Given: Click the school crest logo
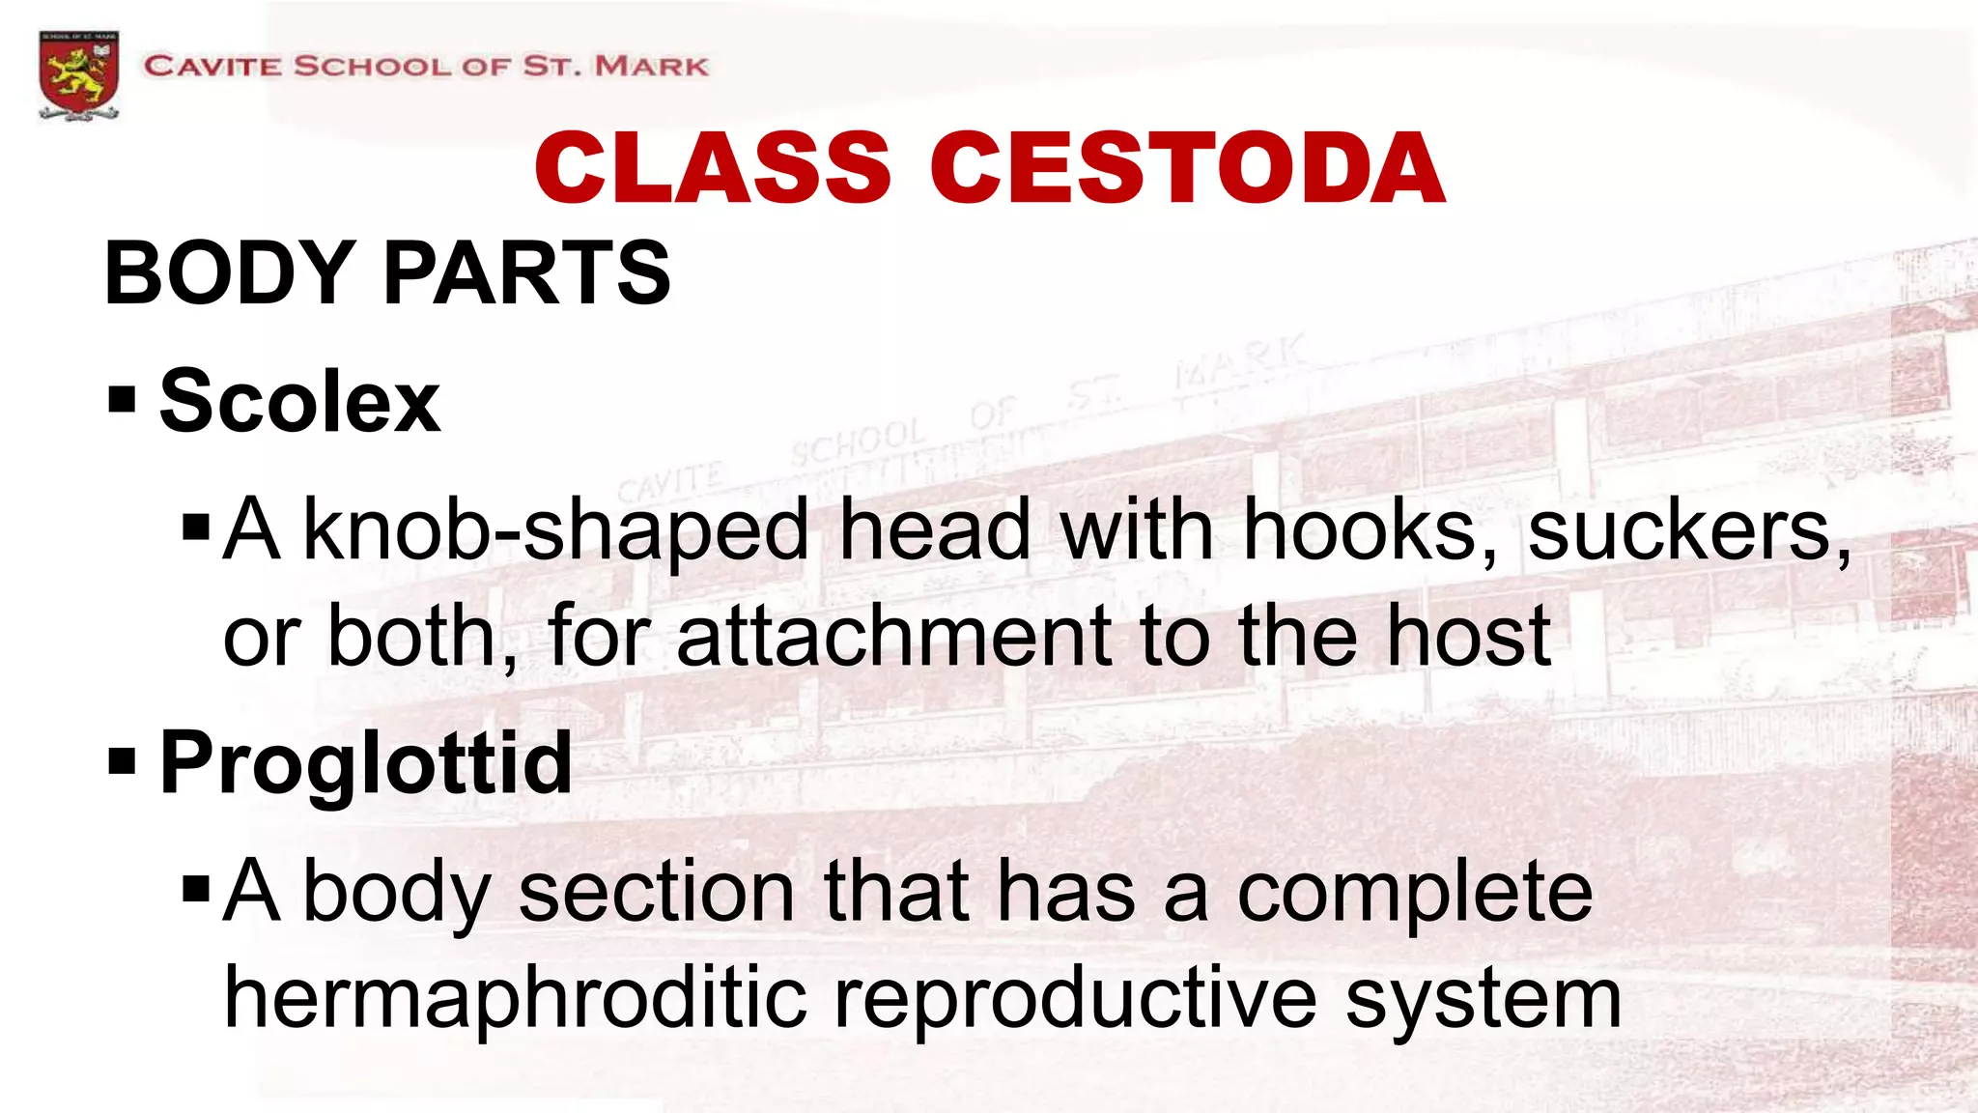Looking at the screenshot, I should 79,74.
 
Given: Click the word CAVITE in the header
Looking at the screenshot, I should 212,67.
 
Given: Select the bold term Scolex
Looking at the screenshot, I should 299,401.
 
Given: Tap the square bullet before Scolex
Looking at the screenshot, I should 122,398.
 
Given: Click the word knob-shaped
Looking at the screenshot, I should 555,530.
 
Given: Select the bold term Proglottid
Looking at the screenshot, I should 365,763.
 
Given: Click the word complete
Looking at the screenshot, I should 1414,894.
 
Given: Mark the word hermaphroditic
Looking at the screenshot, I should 515,998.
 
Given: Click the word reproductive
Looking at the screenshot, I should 1075,998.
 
